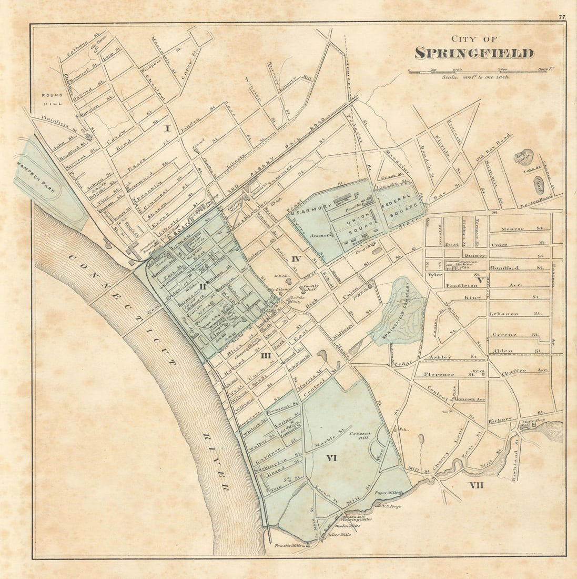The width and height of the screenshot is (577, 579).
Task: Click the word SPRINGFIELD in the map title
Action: pyautogui.click(x=474, y=53)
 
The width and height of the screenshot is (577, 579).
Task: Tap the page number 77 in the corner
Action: pyautogui.click(x=562, y=17)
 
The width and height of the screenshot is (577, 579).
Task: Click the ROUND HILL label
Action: pyautogui.click(x=53, y=99)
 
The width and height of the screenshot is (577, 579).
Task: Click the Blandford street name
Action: pyautogui.click(x=504, y=268)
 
